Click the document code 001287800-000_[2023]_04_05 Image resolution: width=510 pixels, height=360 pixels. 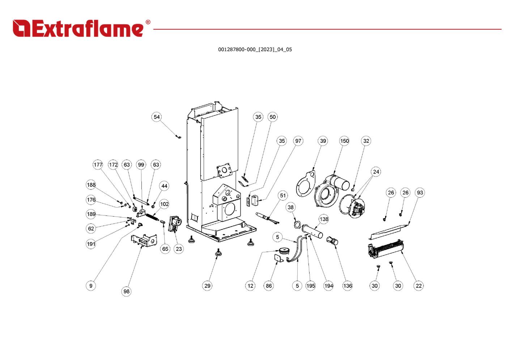255,50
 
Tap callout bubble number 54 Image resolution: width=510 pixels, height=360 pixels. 156,117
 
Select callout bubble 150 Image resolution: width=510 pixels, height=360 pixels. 344,141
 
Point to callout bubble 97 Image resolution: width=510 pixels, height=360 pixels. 298,141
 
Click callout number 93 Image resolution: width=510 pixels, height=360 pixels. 420,193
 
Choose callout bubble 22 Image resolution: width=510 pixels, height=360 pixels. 418,286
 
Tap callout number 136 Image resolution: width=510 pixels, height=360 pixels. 347,286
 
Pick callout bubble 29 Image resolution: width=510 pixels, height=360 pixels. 207,286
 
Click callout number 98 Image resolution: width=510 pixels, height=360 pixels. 126,291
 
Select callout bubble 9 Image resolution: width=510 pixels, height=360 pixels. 91,286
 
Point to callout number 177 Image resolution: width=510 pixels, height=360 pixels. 98,165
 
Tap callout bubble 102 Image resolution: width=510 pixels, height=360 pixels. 164,204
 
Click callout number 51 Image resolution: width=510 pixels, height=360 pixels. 283,196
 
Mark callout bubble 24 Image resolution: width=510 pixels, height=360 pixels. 376,172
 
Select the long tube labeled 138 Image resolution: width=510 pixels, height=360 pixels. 313,231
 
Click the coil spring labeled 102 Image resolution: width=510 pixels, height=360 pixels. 153,218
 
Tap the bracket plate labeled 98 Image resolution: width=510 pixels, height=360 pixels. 144,240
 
